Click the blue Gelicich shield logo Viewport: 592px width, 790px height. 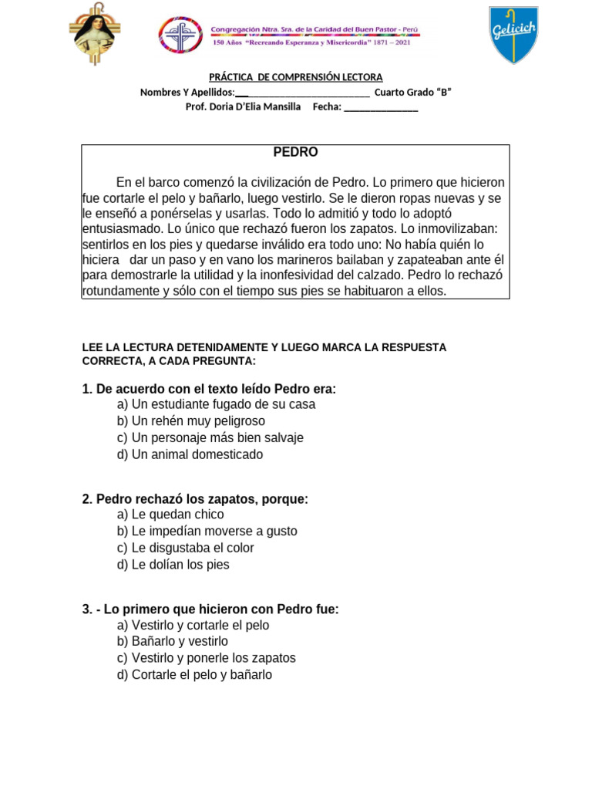tap(514, 35)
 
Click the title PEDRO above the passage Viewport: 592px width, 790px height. tap(295, 153)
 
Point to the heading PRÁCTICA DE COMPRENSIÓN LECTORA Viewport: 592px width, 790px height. tap(296, 77)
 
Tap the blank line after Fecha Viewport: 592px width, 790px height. tap(381, 107)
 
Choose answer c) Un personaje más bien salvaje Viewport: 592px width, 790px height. tap(210, 437)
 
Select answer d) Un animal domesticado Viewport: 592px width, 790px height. tap(190, 454)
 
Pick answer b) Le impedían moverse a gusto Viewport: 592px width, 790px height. tap(207, 531)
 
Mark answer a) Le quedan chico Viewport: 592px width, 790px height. tap(170, 515)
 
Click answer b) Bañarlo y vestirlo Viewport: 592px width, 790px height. tap(173, 641)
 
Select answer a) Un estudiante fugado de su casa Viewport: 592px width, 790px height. tap(216, 404)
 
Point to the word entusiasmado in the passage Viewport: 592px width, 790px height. tap(122, 229)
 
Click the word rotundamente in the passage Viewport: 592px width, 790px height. tap(121, 291)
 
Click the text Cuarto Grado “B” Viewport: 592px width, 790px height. tap(412, 93)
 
